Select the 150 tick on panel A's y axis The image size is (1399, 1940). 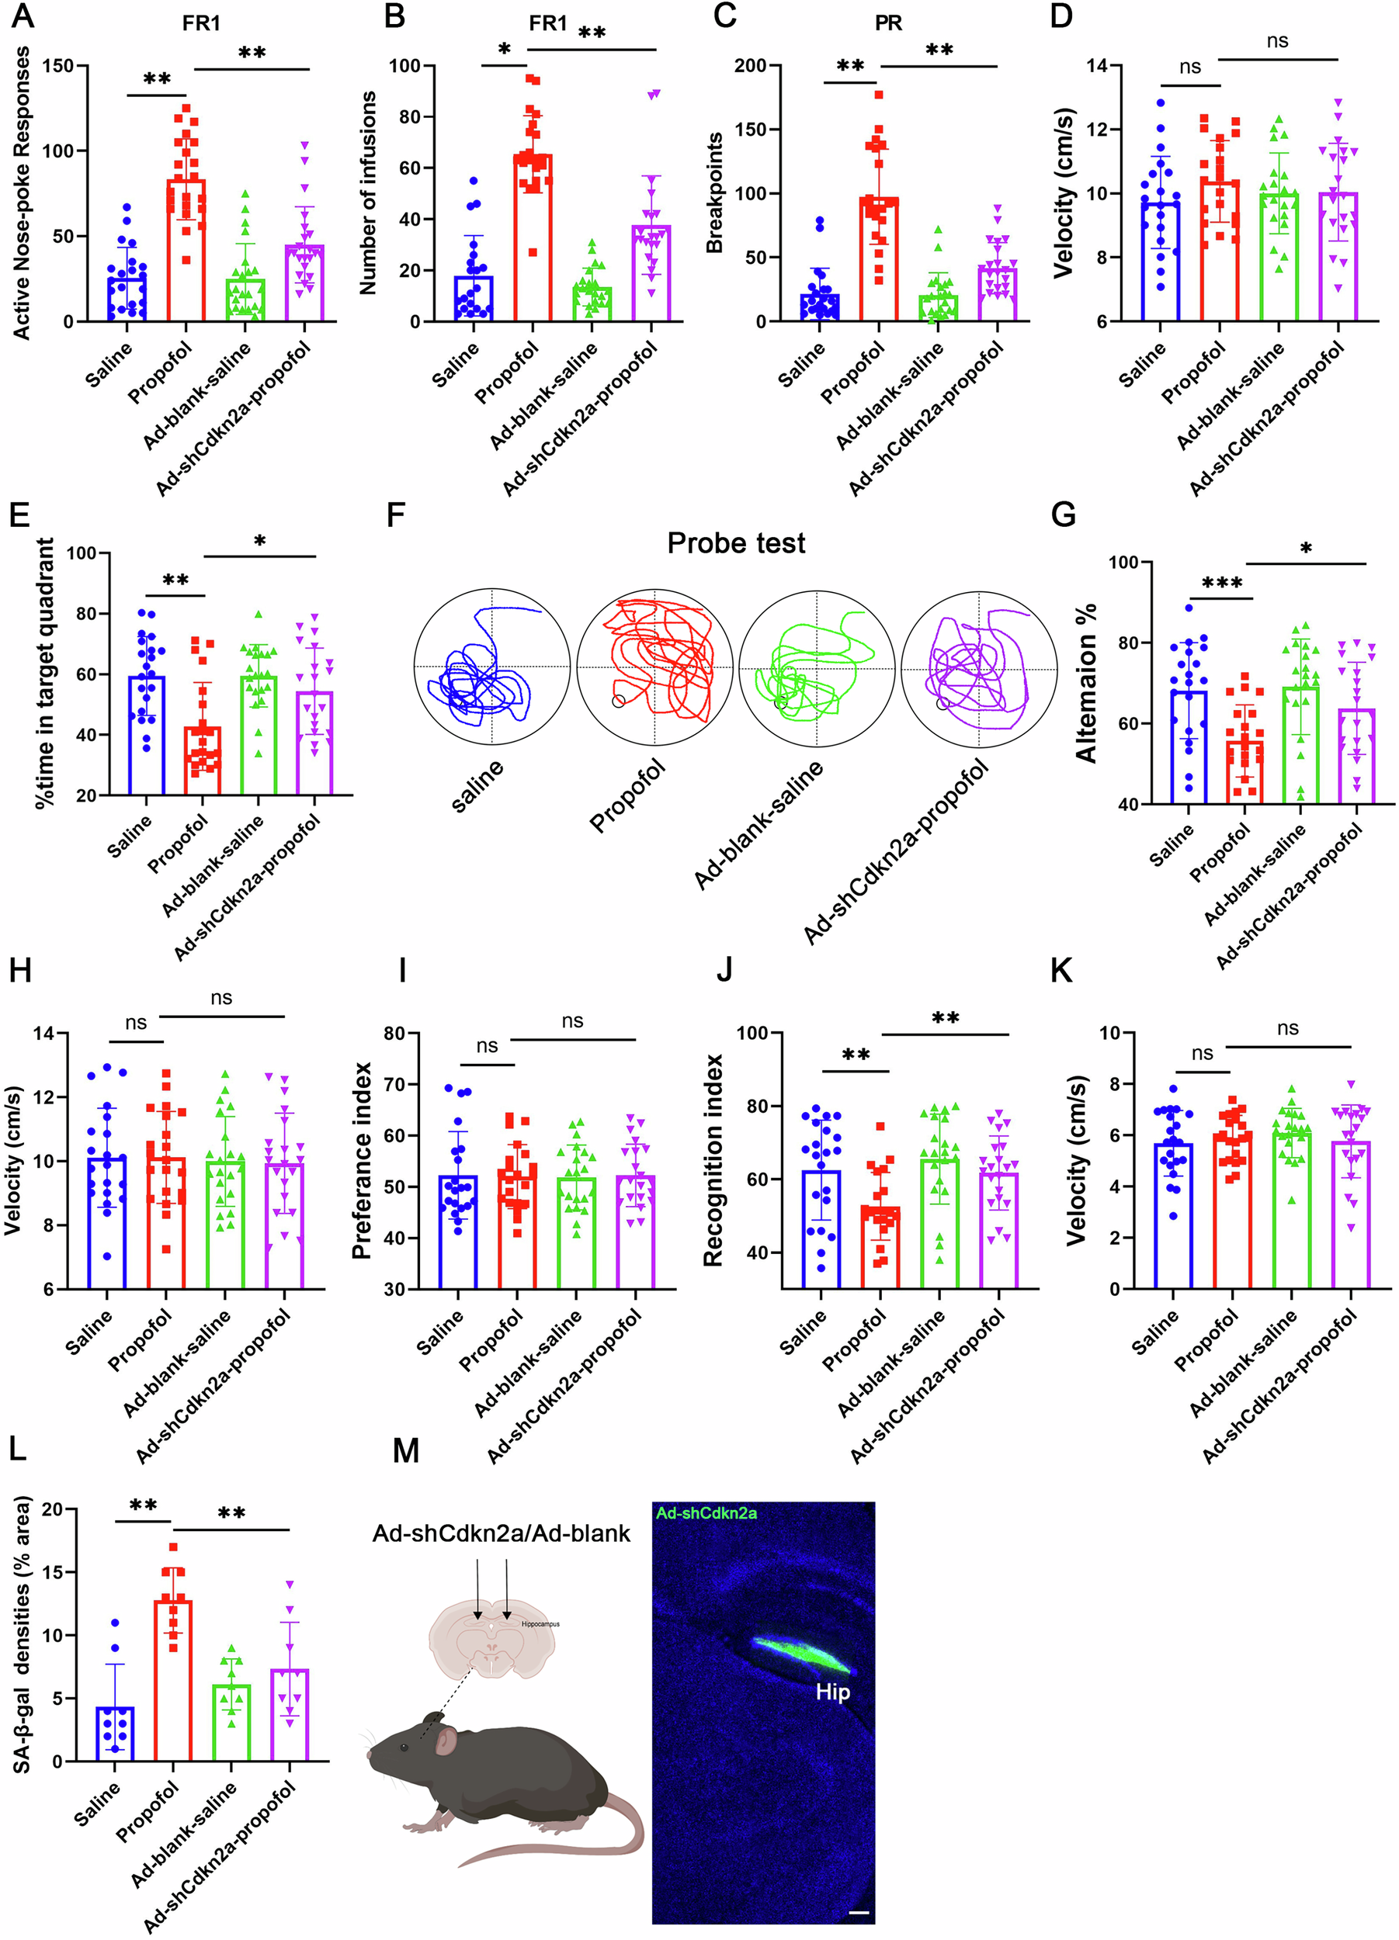pyautogui.click(x=57, y=66)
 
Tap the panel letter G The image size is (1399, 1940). pyautogui.click(x=1063, y=515)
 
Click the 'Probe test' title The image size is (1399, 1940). pyautogui.click(x=736, y=543)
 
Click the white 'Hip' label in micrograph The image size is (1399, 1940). pyautogui.click(x=831, y=1692)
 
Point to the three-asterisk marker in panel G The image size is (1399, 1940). pyautogui.click(x=1222, y=584)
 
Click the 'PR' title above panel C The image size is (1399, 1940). pyautogui.click(x=888, y=23)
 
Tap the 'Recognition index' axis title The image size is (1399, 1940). pyautogui.click(x=713, y=1160)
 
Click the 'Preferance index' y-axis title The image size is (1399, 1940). pyautogui.click(x=363, y=1160)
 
